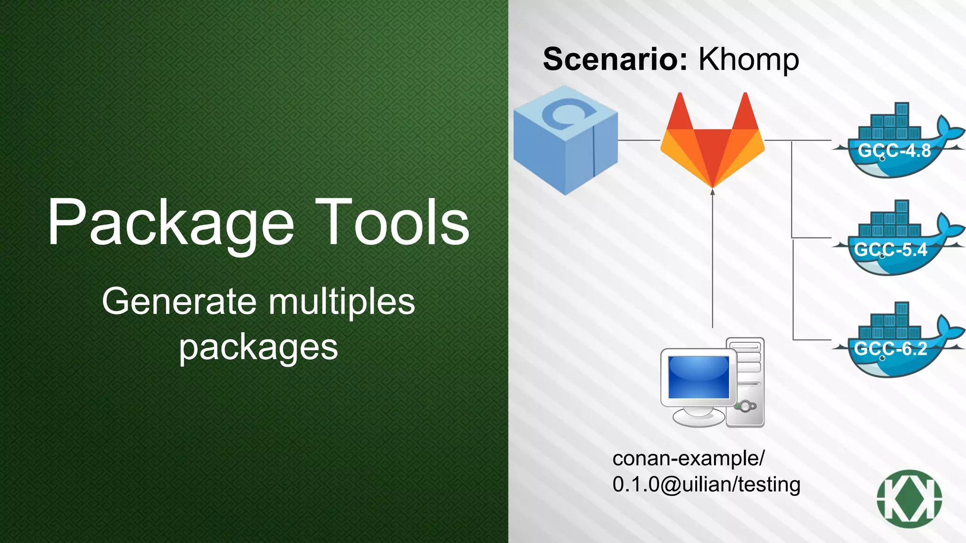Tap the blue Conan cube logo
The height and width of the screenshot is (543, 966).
click(565, 140)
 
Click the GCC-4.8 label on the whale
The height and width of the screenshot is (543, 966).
click(894, 151)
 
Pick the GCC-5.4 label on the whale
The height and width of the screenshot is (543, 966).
click(891, 249)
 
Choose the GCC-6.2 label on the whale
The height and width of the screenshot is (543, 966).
click(891, 349)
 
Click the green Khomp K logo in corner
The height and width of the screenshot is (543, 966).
click(909, 499)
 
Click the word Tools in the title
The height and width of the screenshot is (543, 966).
click(392, 222)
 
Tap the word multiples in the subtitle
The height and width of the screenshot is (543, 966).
click(342, 302)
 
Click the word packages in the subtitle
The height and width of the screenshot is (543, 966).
click(258, 348)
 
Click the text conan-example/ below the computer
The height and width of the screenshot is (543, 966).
click(688, 458)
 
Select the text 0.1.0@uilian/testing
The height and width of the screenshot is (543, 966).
click(706, 485)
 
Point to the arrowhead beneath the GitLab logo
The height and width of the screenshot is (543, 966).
click(712, 192)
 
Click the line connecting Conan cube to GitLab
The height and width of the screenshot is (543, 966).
click(639, 140)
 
